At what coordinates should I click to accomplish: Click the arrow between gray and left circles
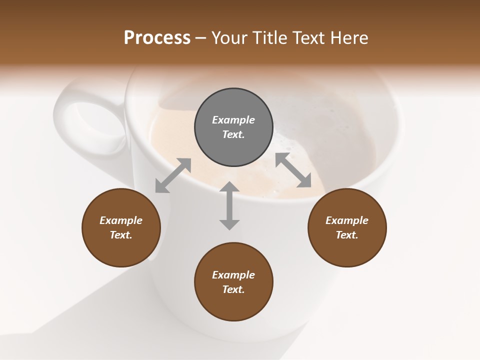173,175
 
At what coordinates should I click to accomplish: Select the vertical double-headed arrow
229,205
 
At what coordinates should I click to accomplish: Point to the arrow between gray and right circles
293,170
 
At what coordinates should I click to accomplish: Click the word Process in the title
157,37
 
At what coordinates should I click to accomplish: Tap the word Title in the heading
270,37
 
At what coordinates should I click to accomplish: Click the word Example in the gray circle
233,120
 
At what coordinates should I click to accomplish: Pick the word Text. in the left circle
121,235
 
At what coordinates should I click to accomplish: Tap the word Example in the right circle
347,220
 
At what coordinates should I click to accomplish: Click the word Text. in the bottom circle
233,289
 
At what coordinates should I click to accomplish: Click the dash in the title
201,38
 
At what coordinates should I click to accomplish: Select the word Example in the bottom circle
233,275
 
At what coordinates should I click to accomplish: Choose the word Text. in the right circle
347,235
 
